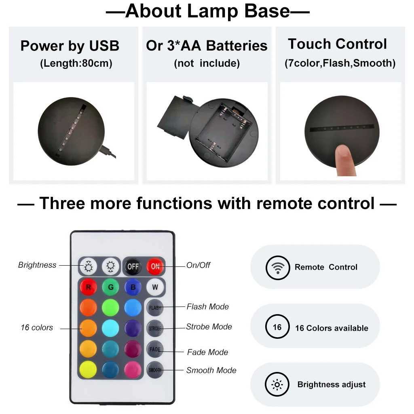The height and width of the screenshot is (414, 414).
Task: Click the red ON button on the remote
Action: (x=155, y=266)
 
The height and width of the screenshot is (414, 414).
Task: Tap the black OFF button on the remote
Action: (x=133, y=266)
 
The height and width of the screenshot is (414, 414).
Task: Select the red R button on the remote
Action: (x=89, y=288)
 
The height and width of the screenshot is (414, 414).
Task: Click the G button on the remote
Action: (x=110, y=288)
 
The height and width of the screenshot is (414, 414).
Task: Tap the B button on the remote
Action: (x=133, y=288)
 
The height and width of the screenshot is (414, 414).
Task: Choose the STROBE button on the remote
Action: (x=155, y=328)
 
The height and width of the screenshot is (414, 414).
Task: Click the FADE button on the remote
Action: (x=155, y=349)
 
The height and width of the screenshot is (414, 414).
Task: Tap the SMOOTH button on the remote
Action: (x=155, y=370)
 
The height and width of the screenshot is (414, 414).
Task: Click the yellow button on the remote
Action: (x=89, y=370)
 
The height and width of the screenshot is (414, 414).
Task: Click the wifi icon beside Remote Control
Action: (x=278, y=267)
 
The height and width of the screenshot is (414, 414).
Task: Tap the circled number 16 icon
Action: (x=277, y=327)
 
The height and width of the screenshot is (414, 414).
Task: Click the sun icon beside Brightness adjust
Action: (x=277, y=384)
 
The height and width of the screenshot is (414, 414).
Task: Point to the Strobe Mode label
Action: (x=209, y=327)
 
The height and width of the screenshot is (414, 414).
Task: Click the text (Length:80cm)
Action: (x=76, y=63)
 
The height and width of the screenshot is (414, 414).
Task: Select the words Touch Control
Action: (x=337, y=44)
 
